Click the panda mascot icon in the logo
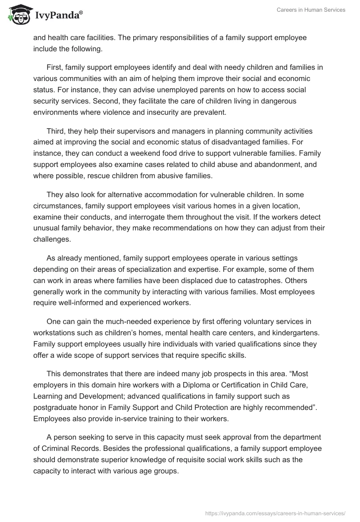18,15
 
